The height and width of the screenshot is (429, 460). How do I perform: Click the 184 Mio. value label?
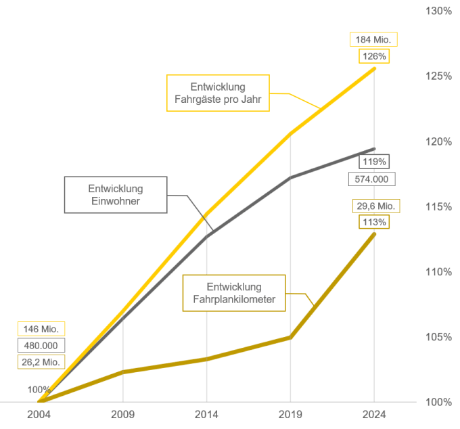point(373,39)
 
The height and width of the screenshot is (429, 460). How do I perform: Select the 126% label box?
point(373,56)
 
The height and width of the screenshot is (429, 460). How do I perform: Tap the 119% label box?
point(373,162)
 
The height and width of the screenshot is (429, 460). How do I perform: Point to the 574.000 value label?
point(371,179)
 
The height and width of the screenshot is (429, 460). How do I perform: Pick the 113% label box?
point(373,222)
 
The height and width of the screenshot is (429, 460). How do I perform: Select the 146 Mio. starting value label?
point(41,330)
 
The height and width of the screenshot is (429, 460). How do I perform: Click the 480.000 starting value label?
point(41,346)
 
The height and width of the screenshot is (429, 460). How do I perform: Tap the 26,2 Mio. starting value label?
point(41,362)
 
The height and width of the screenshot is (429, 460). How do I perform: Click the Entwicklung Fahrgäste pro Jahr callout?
point(218,93)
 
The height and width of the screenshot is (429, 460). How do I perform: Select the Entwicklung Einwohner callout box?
point(116,195)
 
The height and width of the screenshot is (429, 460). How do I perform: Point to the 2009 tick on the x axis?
point(123,414)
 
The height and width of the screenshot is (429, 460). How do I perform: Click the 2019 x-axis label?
point(290,414)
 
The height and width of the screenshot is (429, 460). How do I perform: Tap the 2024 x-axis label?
point(374,414)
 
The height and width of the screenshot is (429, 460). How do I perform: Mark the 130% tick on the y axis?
point(438,11)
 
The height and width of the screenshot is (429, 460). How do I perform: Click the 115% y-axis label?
point(438,206)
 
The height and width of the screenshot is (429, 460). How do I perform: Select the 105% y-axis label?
point(438,337)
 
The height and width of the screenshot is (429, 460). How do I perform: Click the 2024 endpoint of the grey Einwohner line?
point(374,149)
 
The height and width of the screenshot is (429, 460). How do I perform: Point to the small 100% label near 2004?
point(39,390)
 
